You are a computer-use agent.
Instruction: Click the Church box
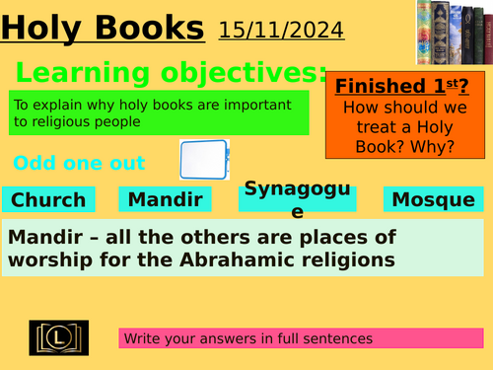48,200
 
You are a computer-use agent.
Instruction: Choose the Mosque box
433,200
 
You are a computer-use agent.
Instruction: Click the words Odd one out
79,163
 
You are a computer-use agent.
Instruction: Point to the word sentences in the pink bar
338,338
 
